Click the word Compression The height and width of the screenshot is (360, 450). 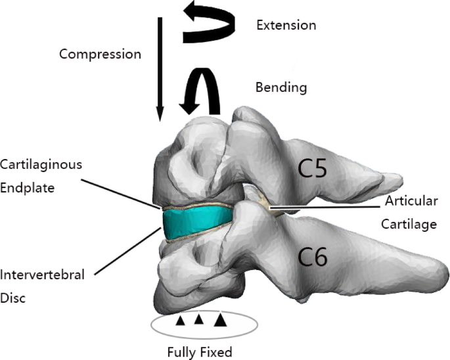[x=100, y=54]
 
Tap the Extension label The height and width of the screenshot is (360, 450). [x=286, y=26]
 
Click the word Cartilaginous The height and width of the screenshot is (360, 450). [x=41, y=164]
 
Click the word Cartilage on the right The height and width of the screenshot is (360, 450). [x=409, y=224]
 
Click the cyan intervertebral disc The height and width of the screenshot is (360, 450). [x=197, y=222]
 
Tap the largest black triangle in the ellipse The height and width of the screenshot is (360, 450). [x=221, y=320]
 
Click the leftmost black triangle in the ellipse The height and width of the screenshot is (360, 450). [x=179, y=320]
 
